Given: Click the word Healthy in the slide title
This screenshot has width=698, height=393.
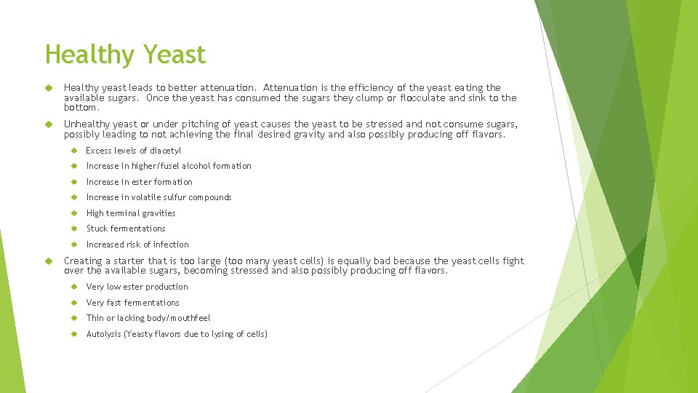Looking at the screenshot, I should coord(89,55).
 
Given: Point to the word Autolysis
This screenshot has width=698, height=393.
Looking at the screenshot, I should coord(104,334).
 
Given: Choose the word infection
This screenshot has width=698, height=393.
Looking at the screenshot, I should coord(172,245).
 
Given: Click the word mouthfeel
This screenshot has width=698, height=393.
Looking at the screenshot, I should coord(190,318).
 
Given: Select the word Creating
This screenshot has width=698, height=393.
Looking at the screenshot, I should coord(84,261).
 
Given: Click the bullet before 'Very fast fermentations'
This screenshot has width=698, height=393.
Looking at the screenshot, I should coord(74,303).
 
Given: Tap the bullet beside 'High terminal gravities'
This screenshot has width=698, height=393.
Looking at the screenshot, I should coord(74,213).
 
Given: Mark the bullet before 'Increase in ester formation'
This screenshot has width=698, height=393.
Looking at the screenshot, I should coord(74,182).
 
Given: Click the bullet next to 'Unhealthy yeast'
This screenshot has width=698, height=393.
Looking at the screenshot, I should coord(50,124).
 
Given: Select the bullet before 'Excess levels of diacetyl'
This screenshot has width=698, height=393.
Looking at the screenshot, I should coord(74,151).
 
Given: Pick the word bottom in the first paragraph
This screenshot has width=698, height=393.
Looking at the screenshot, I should coord(80,107).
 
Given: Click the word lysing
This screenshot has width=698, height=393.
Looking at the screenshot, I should coord(224,334).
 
